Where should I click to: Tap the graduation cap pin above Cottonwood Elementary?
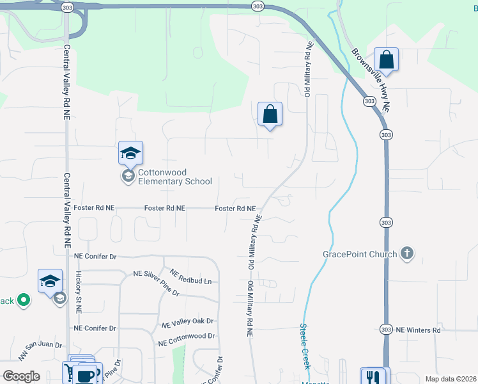pyautogui.click(x=130, y=154)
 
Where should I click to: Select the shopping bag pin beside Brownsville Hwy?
pyautogui.click(x=386, y=60)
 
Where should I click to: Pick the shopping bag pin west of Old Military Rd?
pyautogui.click(x=270, y=115)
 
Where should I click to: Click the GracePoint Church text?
pyautogui.click(x=360, y=254)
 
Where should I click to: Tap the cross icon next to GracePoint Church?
pyautogui.click(x=406, y=254)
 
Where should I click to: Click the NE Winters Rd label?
pyautogui.click(x=419, y=330)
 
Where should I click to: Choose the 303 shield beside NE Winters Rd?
pyautogui.click(x=385, y=329)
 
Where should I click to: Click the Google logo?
pyautogui.click(x=21, y=376)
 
